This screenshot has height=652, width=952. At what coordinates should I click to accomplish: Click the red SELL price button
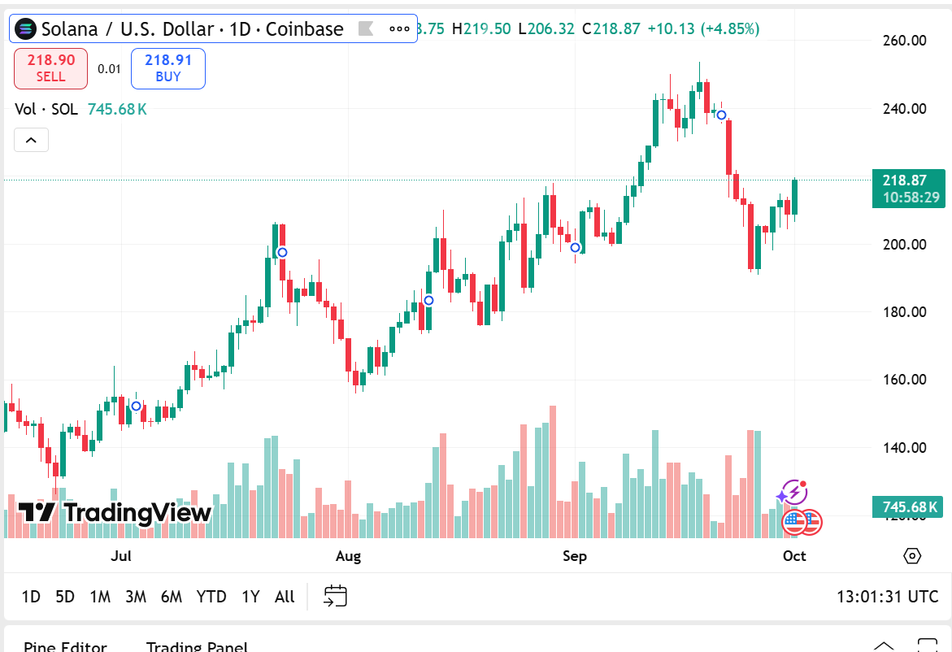point(50,68)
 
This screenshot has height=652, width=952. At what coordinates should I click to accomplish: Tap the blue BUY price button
point(167,68)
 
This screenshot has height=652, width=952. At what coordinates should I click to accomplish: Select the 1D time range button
point(31,597)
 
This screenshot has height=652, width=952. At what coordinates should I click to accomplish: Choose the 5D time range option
point(65,597)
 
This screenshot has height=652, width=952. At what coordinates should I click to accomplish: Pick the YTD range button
point(211,597)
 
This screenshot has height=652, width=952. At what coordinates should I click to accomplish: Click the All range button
point(285,597)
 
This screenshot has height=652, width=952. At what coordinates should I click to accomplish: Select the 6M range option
point(172,597)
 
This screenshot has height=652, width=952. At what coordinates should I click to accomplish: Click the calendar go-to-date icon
point(336,597)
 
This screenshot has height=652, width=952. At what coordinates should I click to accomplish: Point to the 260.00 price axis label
point(905,40)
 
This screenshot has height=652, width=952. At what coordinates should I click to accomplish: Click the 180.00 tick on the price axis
point(905,311)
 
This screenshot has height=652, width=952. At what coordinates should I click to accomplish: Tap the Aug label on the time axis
point(348,556)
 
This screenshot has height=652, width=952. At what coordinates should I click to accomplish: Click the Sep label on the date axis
point(575,556)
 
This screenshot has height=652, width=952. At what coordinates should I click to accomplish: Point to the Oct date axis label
point(794,556)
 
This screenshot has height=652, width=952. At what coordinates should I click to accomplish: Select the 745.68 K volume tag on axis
point(908,507)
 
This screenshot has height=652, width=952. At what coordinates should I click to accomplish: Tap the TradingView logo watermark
point(115,512)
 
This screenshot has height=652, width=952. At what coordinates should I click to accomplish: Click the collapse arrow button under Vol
point(31,140)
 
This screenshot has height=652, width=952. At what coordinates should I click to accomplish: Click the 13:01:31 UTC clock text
point(887,597)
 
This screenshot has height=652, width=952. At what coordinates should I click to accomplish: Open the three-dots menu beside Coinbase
point(399,29)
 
